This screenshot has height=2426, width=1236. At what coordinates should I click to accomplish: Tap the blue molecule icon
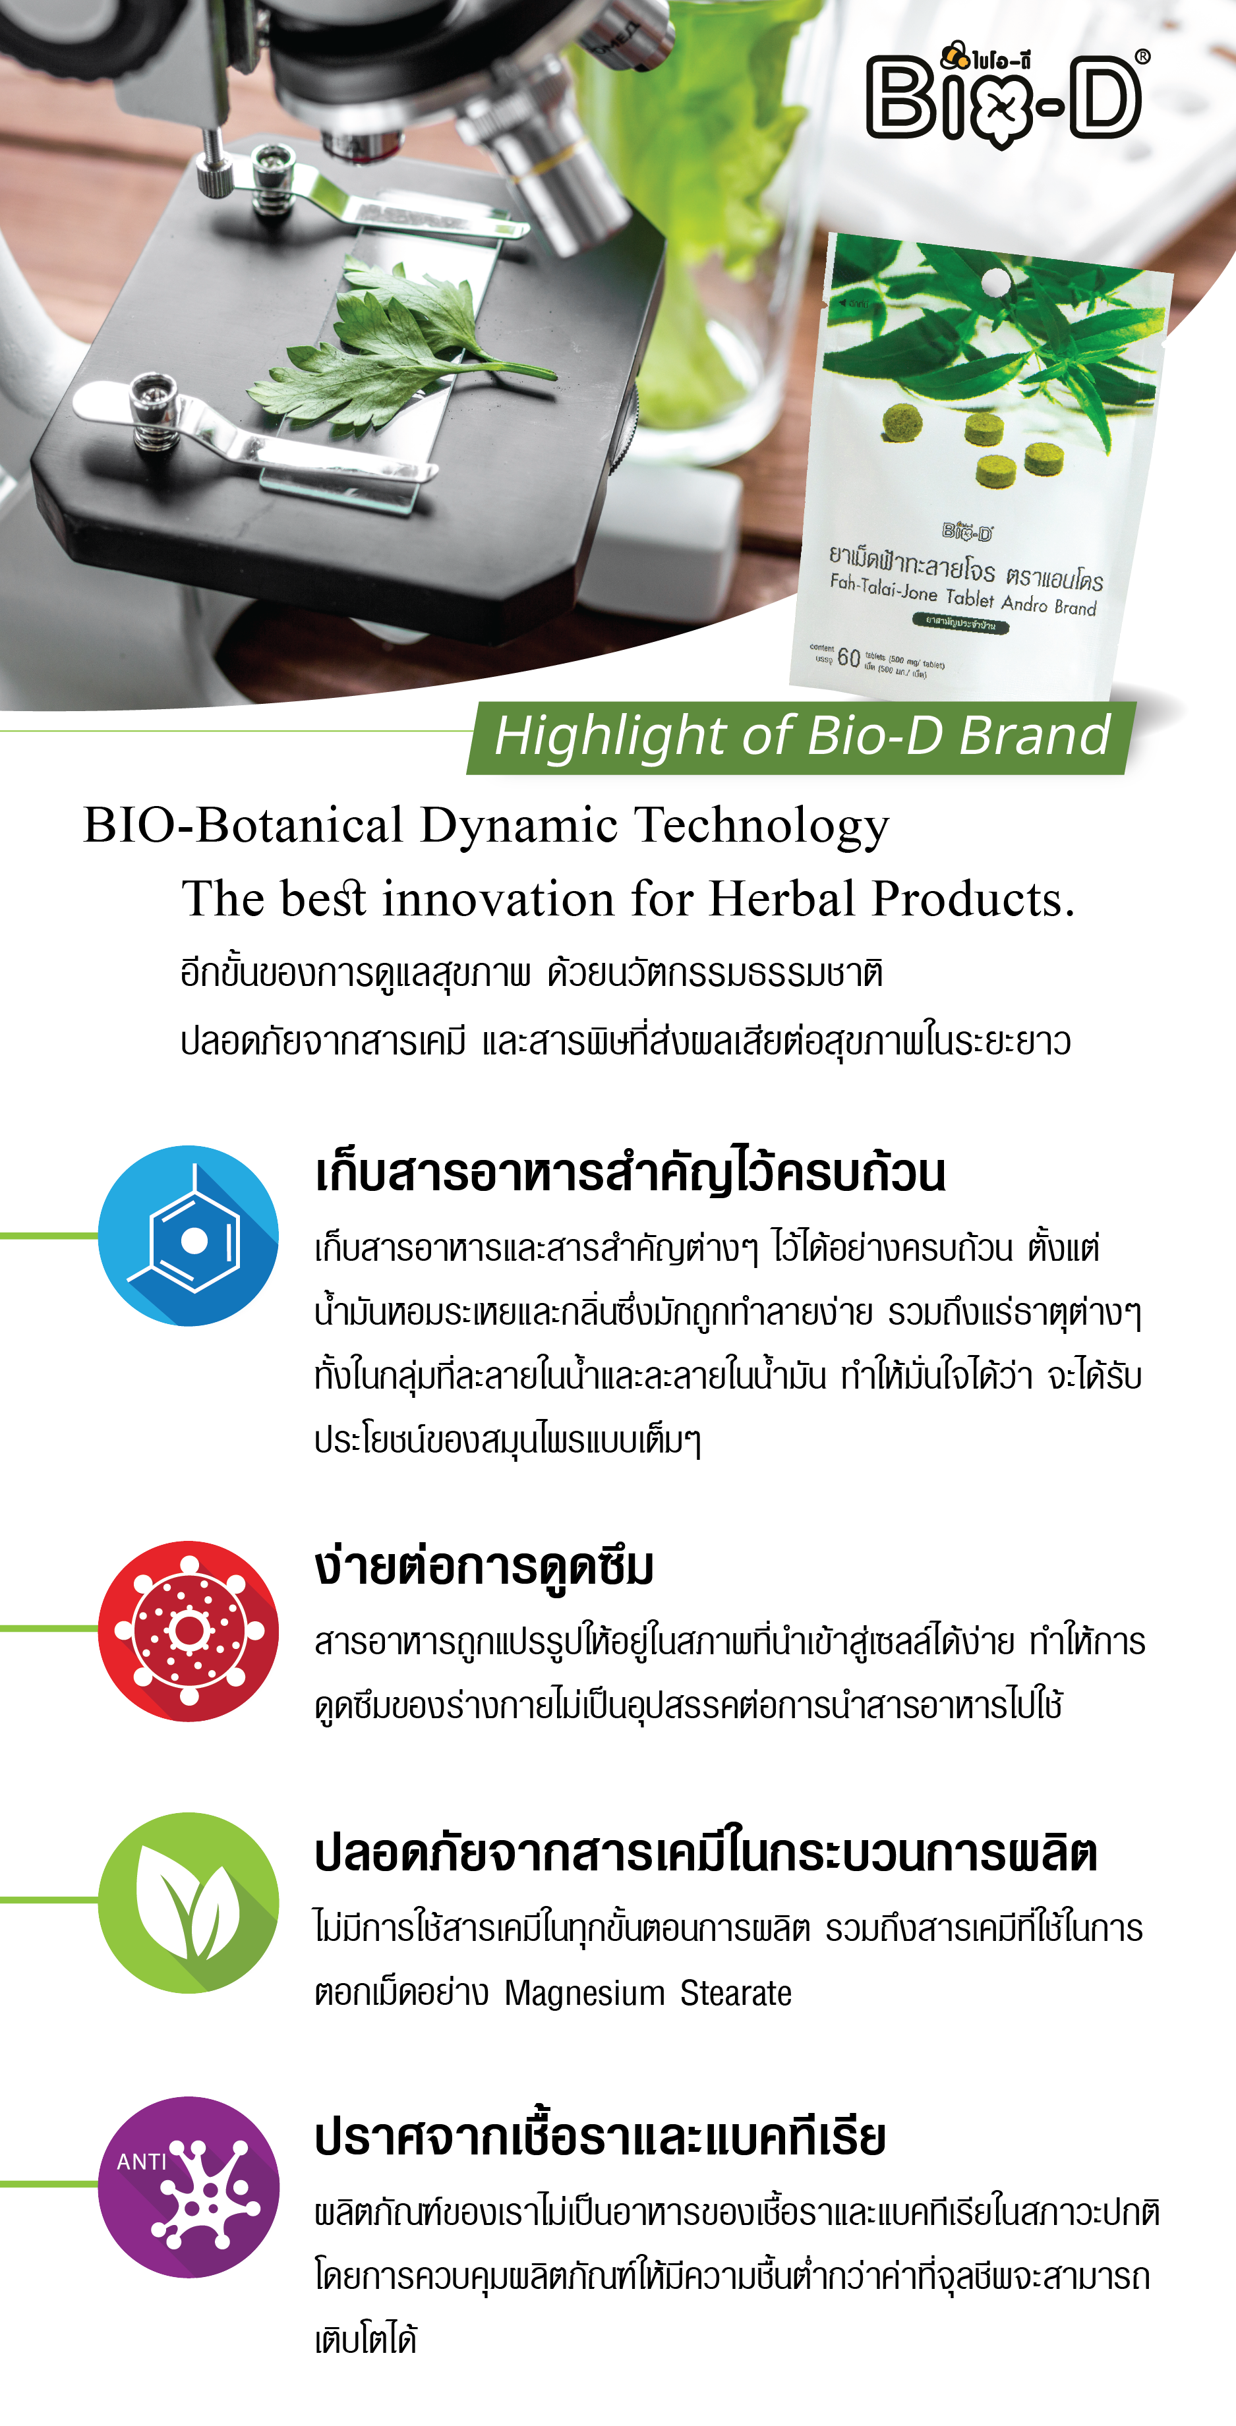point(189,1236)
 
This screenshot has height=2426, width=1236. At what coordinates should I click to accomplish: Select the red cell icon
point(189,1631)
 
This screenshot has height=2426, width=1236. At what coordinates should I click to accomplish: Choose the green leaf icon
point(189,1902)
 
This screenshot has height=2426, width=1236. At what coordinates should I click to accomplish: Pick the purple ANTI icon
point(189,2187)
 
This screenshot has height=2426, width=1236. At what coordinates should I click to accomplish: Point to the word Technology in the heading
point(761,826)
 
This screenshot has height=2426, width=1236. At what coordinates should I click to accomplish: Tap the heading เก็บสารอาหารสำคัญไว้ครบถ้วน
point(630,1172)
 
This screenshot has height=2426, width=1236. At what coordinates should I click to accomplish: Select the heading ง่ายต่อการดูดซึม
point(485,1568)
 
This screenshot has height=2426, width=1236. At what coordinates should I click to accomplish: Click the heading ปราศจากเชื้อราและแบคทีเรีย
point(600,2137)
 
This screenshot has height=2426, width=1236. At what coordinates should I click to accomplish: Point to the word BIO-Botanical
point(244,825)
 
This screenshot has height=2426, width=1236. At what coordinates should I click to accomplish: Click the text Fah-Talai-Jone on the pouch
point(884,588)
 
